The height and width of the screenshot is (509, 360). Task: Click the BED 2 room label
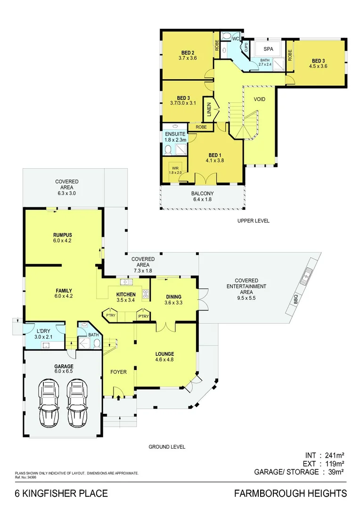click(x=188, y=52)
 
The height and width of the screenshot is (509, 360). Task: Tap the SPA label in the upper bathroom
click(x=268, y=49)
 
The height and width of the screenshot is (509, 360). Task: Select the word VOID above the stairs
click(x=260, y=99)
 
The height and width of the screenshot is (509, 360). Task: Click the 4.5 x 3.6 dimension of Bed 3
click(x=318, y=66)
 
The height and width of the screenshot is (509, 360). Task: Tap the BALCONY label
click(x=202, y=194)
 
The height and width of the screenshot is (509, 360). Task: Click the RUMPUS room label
click(x=62, y=234)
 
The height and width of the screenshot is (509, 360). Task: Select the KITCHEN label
click(x=126, y=295)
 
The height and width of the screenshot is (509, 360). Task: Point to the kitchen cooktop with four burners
click(x=146, y=294)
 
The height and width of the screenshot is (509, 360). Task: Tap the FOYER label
click(x=118, y=372)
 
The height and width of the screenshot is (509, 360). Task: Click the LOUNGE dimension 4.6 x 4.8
click(x=165, y=360)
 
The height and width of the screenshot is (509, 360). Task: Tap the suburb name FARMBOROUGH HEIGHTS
click(x=290, y=493)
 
